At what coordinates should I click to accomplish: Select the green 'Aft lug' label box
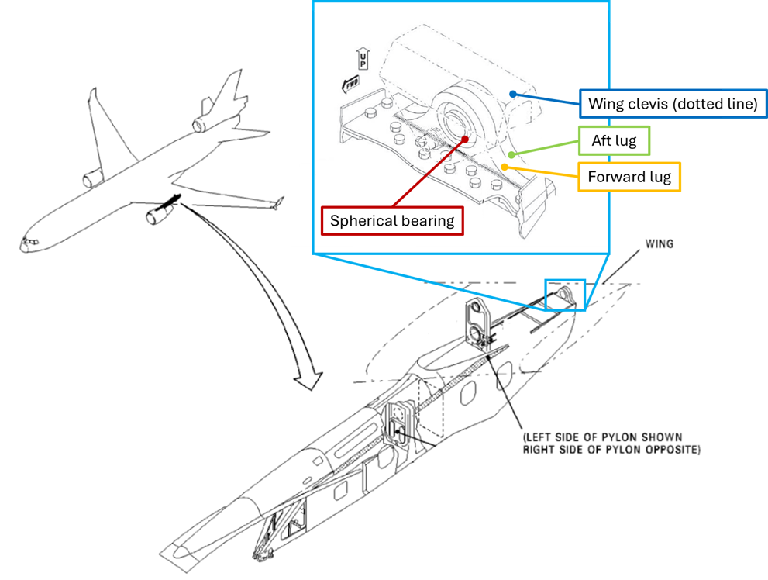pyautogui.click(x=614, y=142)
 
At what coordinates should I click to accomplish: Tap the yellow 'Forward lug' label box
pyautogui.click(x=629, y=178)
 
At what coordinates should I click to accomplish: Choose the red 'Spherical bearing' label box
pyautogui.click(x=392, y=220)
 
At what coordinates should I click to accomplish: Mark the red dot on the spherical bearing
pyautogui.click(x=466, y=140)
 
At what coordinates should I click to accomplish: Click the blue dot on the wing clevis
pyautogui.click(x=512, y=93)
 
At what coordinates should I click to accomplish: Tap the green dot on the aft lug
pyautogui.click(x=511, y=155)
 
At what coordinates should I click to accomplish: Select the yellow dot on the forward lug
pyautogui.click(x=505, y=166)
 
